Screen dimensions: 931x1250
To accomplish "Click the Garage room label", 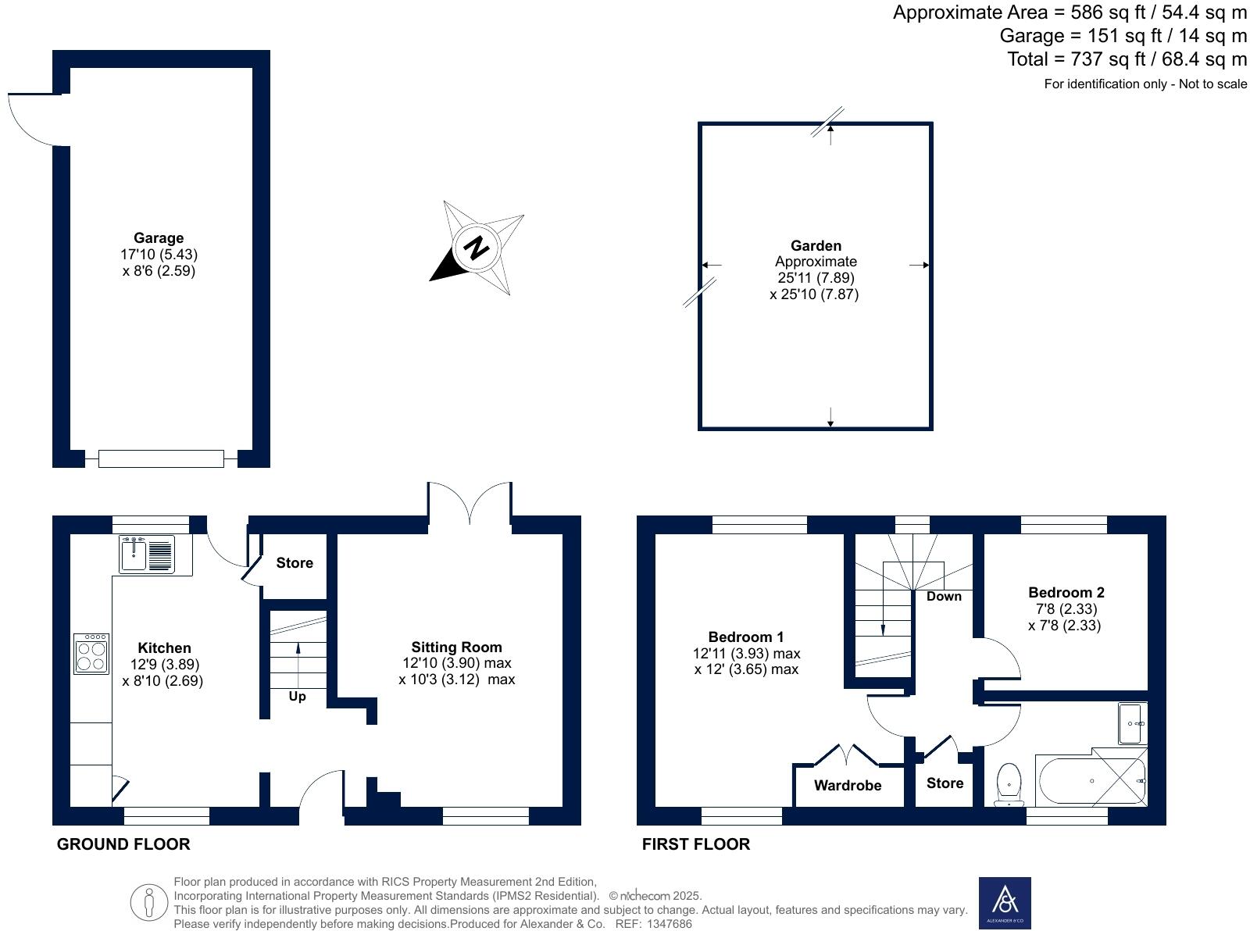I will [159, 238].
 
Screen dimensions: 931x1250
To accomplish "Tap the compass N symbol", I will [476, 248].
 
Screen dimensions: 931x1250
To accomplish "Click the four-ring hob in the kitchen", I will [91, 653].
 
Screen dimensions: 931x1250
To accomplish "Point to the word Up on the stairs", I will [297, 696].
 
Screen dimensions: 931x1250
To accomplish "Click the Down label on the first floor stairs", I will [944, 596].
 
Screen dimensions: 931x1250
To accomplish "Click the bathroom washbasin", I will [1132, 723].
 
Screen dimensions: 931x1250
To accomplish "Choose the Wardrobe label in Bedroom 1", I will [848, 785].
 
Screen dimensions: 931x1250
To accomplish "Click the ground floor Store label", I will [295, 562].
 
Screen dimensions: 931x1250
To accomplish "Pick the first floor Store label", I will [945, 783].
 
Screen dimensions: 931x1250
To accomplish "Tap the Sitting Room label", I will [456, 647].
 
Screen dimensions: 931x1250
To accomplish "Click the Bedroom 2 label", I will [1066, 592].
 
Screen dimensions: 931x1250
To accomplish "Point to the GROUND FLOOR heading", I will [123, 844].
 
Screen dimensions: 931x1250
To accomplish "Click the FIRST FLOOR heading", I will [695, 844].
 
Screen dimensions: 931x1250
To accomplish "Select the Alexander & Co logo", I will [1005, 902].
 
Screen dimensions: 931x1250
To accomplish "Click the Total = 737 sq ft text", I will [1127, 59].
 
